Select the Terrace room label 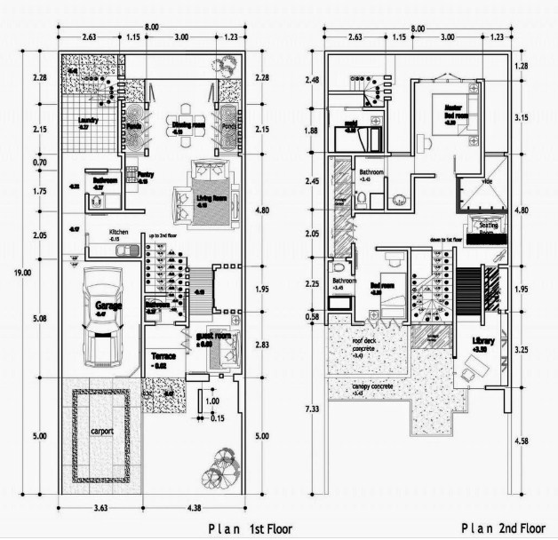163,356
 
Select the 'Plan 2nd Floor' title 501,528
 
